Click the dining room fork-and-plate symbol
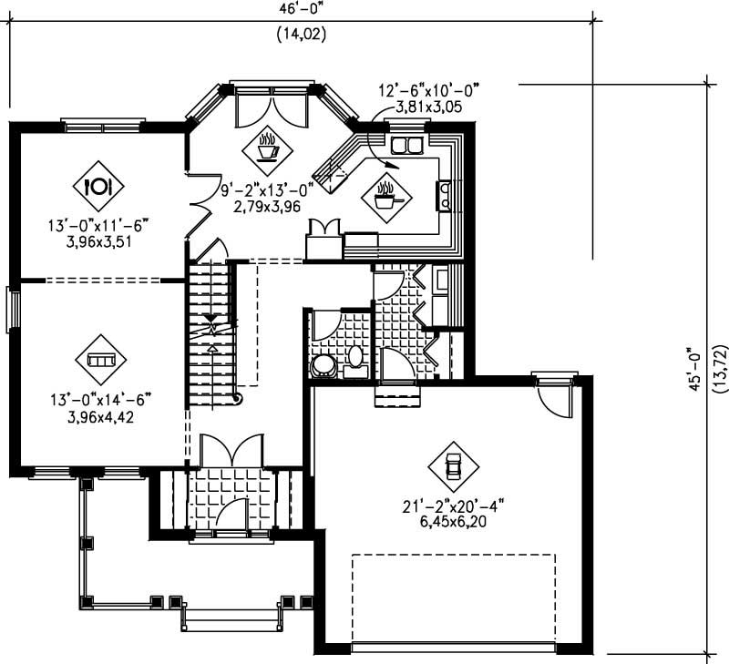pos(98,186)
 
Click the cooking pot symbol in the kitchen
pos(385,195)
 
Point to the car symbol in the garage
pos(453,466)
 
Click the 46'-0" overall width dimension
pos(302,10)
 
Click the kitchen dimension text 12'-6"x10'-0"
pos(428,89)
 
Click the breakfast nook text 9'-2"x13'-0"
pos(266,189)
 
